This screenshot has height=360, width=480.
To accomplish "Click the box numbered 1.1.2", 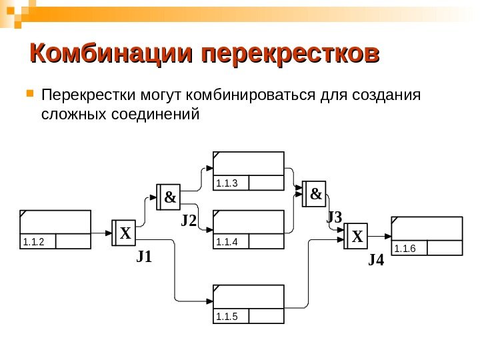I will click(55, 230).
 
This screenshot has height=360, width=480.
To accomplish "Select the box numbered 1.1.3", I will click(249, 171).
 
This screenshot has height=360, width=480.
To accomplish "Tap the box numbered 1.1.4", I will click(249, 230).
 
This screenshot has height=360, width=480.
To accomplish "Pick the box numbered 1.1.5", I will click(249, 305).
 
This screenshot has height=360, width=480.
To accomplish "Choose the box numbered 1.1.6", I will click(427, 236).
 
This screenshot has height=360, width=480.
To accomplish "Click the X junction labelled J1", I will click(124, 234).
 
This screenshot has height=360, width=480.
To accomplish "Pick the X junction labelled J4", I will click(357, 236).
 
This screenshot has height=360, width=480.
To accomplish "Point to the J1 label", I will click(144, 257).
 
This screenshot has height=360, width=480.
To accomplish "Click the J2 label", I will click(190, 220).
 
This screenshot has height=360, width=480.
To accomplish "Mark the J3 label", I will click(334, 217).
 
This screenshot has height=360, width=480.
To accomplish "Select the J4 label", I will click(376, 260).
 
